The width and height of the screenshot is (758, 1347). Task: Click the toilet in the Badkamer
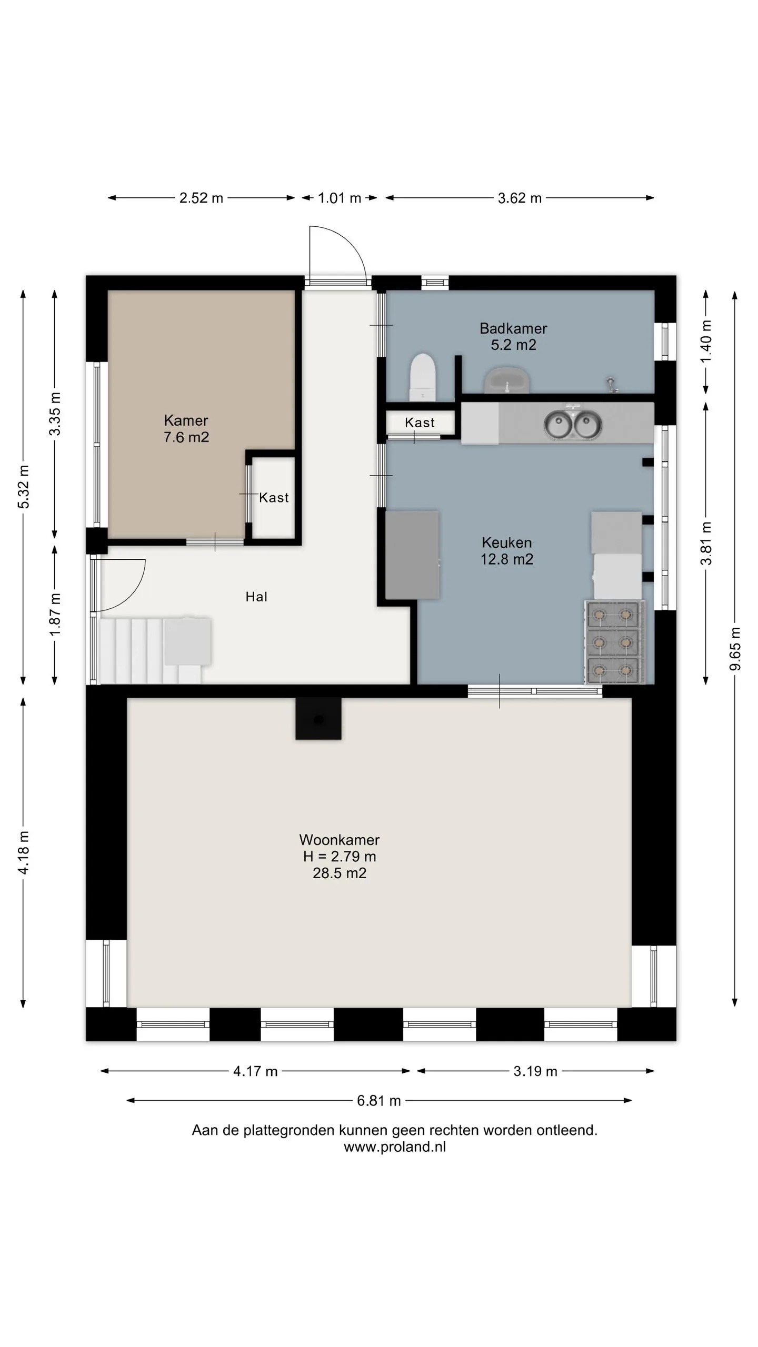(423, 377)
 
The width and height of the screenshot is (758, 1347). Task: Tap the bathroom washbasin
(507, 380)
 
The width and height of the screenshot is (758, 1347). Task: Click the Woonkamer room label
(340, 856)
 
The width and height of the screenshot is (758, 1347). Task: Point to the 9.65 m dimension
(735, 649)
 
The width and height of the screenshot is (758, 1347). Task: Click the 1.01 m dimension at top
(340, 198)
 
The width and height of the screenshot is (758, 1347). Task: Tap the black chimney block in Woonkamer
(318, 719)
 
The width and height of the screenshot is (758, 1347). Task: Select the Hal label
(256, 597)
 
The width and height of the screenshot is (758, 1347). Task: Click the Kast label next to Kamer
(274, 498)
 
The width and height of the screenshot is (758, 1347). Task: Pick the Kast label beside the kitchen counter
(420, 423)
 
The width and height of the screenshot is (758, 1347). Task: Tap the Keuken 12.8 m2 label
(507, 551)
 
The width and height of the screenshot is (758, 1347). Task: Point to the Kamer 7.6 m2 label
(186, 429)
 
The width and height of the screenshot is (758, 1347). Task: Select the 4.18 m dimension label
(23, 852)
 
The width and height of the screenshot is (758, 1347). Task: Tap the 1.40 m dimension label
(705, 341)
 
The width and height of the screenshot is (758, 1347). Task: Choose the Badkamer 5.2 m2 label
(513, 337)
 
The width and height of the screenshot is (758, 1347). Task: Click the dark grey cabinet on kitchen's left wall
(412, 555)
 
